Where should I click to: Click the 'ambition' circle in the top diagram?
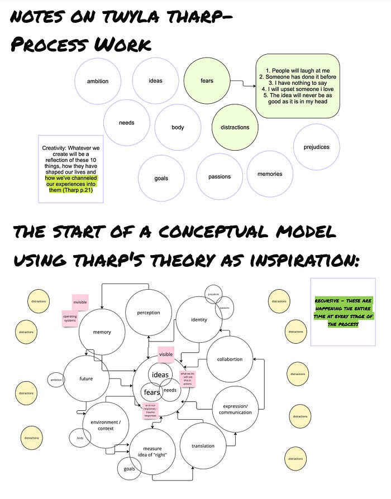tap(98, 81)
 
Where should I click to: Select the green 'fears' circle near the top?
tap(207, 81)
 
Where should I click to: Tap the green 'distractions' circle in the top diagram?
tap(235, 127)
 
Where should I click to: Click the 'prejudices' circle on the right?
tap(316, 147)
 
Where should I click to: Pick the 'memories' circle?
tap(270, 174)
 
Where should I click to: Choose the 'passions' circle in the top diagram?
tap(220, 177)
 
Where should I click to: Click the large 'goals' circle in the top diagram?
tap(161, 179)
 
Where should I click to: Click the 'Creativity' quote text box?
tap(70, 169)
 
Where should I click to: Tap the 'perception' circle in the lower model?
tap(149, 313)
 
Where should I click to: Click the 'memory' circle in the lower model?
tap(102, 332)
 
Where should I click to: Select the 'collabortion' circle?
tap(230, 359)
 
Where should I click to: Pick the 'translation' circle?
tap(203, 446)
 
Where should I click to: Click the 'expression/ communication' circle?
tap(235, 409)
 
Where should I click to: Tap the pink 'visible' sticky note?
tap(166, 354)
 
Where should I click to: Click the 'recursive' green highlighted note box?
tap(342, 311)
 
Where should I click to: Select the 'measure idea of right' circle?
tap(152, 450)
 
